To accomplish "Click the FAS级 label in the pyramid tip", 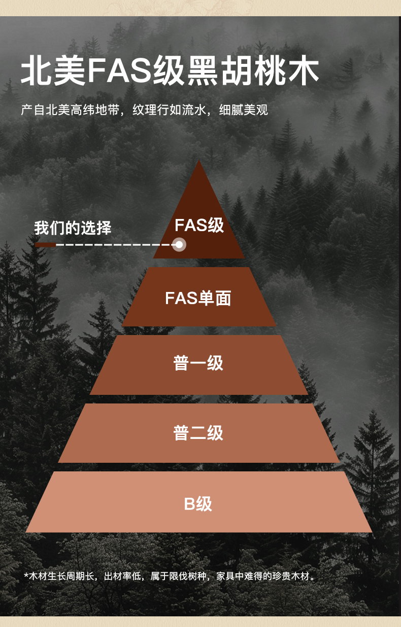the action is click(199, 225).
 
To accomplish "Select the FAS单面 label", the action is click(198, 298).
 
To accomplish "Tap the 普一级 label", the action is click(198, 363).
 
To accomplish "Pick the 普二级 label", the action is click(198, 433).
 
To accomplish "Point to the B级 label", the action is click(198, 504).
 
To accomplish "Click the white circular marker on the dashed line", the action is click(179, 245).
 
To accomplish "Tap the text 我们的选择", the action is click(73, 228).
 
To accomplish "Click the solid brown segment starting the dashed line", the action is click(45, 245).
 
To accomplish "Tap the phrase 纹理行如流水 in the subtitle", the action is click(169, 109).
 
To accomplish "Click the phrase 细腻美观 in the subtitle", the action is click(243, 109).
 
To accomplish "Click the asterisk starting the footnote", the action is click(26, 576).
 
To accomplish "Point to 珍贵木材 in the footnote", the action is click(291, 576).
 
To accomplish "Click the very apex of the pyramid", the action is click(199, 162).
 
